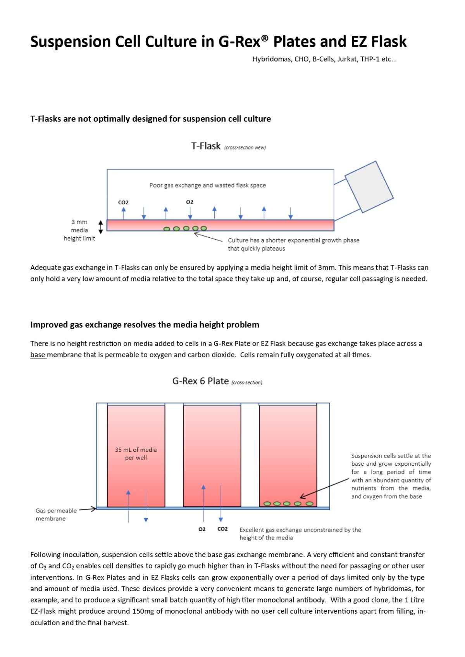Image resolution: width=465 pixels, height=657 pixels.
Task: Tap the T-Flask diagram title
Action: point(206,146)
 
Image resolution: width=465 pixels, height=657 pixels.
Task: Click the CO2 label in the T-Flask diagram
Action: point(123,202)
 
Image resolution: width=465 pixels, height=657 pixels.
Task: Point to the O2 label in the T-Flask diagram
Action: point(189,202)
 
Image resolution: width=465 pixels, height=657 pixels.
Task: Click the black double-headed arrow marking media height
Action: point(101,227)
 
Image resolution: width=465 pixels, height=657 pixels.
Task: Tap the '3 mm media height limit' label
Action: point(79,230)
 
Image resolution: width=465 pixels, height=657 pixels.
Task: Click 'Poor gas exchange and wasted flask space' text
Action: point(208,185)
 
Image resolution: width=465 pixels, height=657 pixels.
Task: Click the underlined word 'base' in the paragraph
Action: point(38,355)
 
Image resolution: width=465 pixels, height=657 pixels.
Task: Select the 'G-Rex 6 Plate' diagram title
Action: point(200,381)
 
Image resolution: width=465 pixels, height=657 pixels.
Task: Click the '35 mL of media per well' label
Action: point(136,454)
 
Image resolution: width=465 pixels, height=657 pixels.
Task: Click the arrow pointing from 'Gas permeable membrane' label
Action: point(88,509)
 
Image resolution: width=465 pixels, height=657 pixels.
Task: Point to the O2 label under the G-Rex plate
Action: point(202,529)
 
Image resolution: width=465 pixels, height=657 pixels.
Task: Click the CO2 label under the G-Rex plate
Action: point(222,529)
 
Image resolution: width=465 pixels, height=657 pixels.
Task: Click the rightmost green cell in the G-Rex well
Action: point(309,504)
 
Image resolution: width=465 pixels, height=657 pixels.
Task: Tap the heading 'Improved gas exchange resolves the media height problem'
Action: point(145,325)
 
